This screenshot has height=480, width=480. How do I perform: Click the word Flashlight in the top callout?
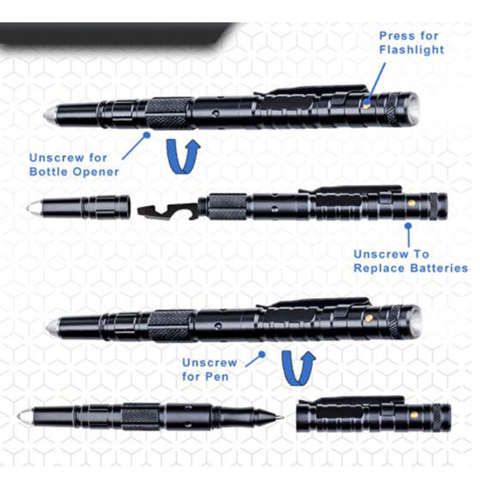[411, 50]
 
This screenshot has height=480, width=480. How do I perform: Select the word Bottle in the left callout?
[49, 171]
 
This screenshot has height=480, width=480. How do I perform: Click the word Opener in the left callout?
[96, 172]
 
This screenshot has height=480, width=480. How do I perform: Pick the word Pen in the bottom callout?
[216, 377]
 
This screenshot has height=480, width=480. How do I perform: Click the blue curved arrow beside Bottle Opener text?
[183, 157]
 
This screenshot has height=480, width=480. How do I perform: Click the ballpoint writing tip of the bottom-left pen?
[280, 417]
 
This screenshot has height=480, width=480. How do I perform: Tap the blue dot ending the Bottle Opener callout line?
[147, 135]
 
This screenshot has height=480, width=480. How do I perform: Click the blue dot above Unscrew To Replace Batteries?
[408, 226]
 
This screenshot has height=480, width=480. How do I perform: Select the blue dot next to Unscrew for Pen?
[262, 354]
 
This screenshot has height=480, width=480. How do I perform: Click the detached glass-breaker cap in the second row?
[79, 207]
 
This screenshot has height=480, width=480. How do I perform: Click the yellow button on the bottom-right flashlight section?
[414, 415]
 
